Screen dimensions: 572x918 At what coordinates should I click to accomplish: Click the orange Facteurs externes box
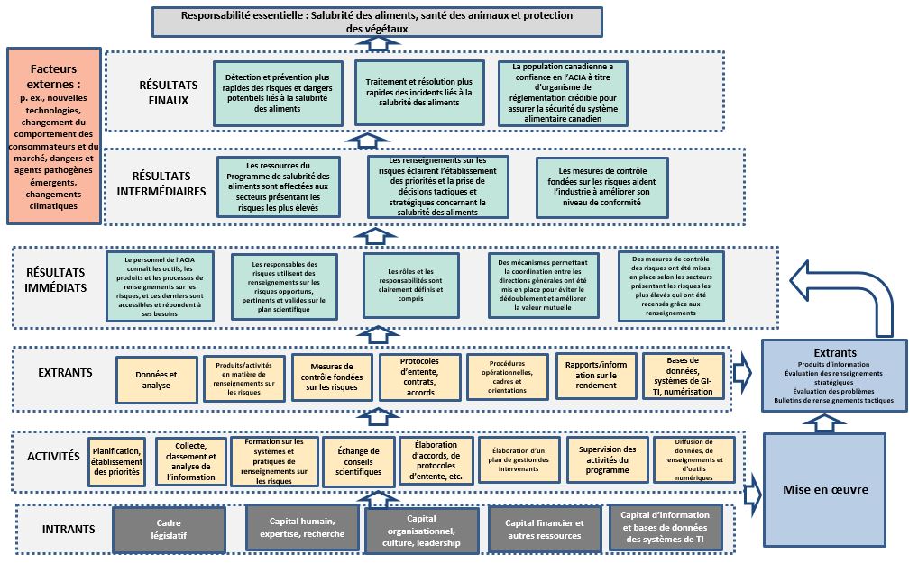(52, 135)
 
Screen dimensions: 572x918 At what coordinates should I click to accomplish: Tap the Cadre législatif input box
(169, 529)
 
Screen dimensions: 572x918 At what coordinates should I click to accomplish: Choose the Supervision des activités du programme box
(607, 460)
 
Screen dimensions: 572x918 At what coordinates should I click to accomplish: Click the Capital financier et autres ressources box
(544, 529)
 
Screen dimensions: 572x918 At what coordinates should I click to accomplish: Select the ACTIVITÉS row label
(53, 457)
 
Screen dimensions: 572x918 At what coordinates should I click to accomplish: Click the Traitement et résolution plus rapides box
(418, 92)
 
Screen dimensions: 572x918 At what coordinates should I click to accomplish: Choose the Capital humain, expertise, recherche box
(302, 529)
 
